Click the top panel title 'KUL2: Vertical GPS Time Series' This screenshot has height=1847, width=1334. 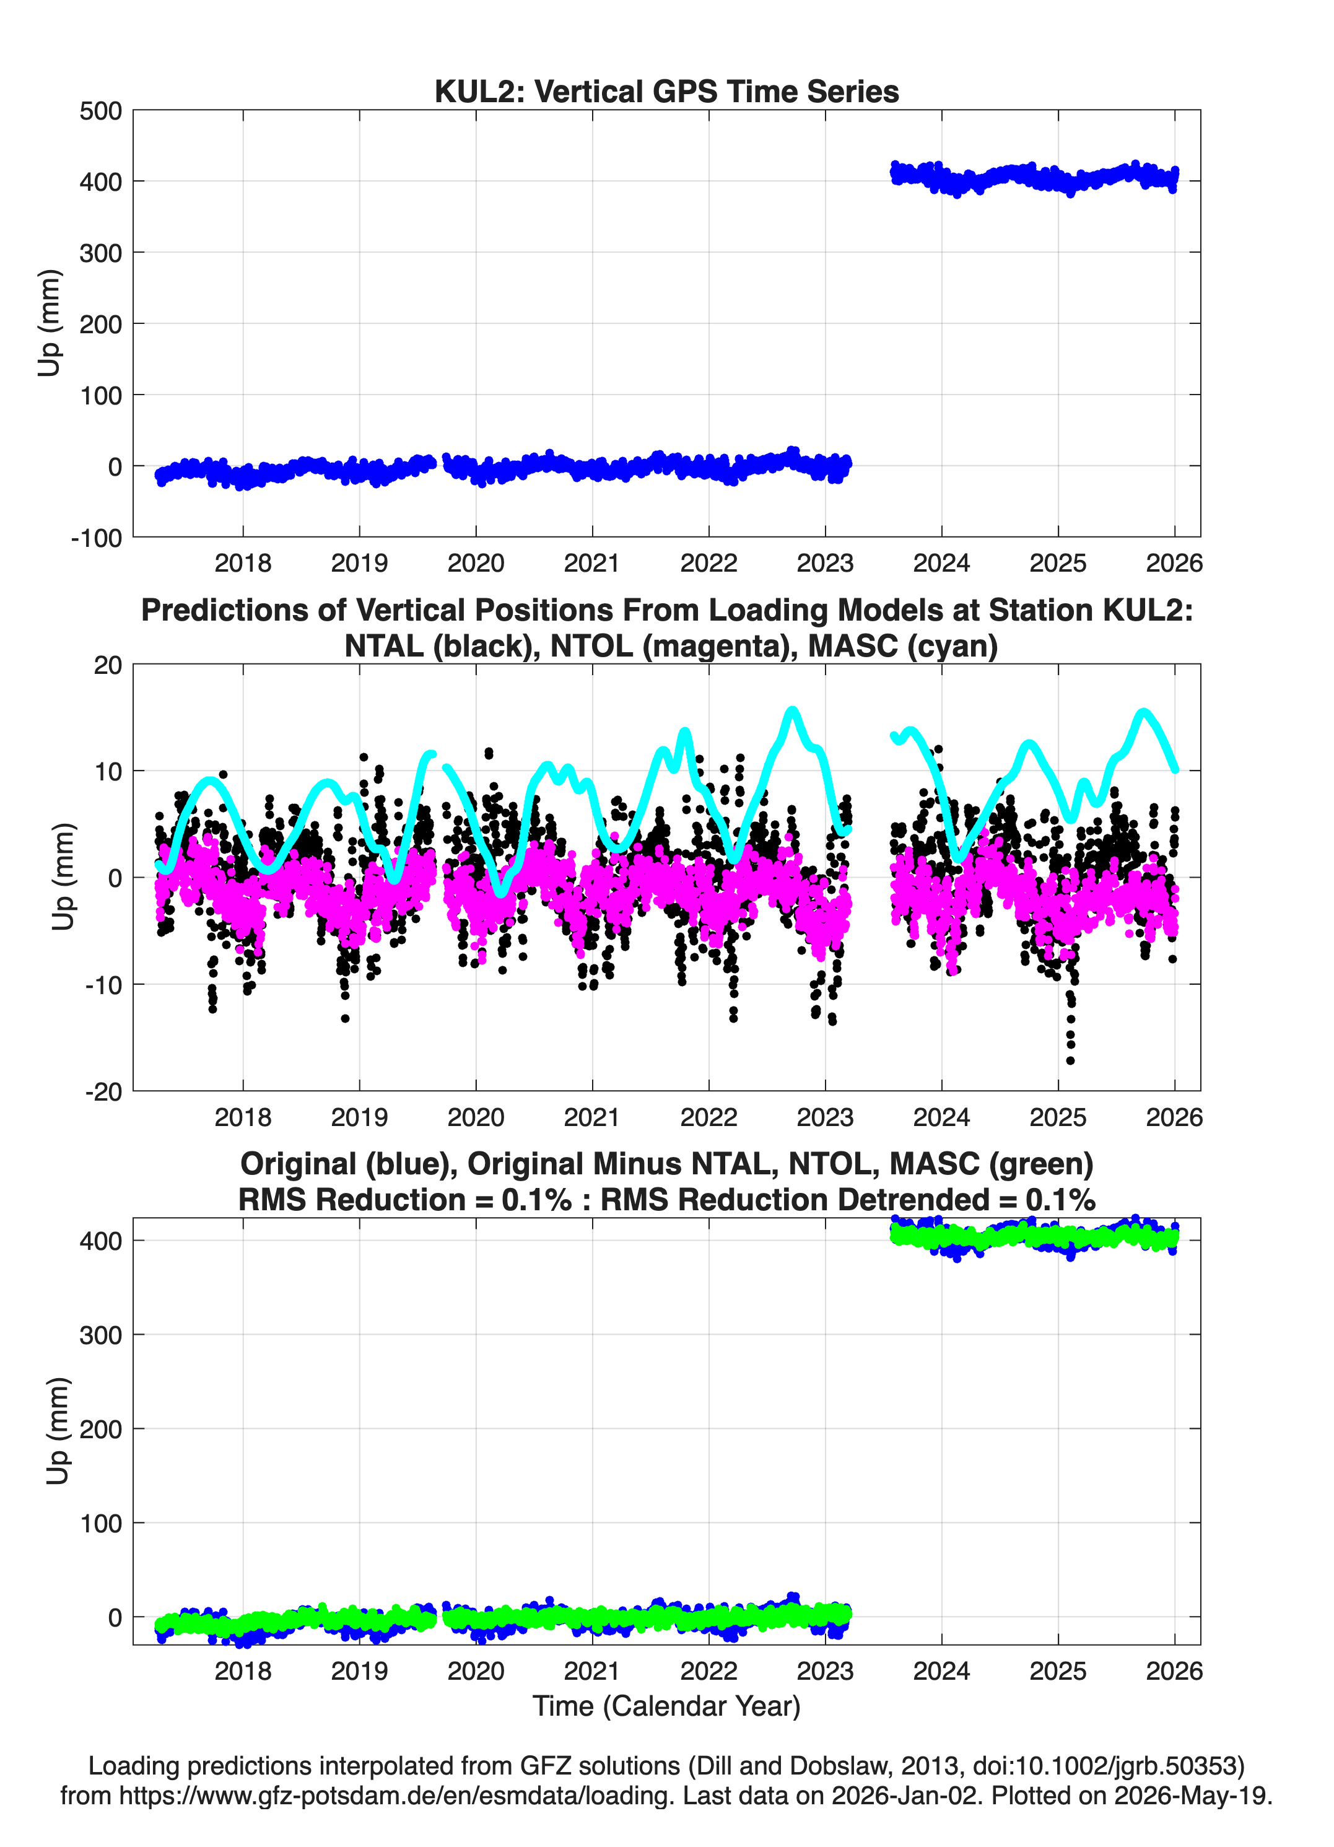pyautogui.click(x=666, y=91)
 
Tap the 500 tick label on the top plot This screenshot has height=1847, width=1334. pyautogui.click(x=100, y=111)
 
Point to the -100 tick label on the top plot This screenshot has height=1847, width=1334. pyautogui.click(x=96, y=538)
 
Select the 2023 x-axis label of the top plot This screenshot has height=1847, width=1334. pyautogui.click(x=825, y=563)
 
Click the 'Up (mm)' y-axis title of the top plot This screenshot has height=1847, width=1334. pyautogui.click(x=49, y=323)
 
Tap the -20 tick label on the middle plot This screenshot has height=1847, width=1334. pyautogui.click(x=103, y=1092)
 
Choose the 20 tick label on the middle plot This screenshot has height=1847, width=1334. pyautogui.click(x=108, y=665)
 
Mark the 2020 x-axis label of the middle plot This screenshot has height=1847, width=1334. pyautogui.click(x=476, y=1117)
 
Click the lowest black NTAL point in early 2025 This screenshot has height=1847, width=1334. pyautogui.click(x=1070, y=1060)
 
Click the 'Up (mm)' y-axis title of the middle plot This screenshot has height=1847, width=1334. pyautogui.click(x=63, y=877)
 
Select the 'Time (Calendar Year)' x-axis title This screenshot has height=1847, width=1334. pyautogui.click(x=666, y=1705)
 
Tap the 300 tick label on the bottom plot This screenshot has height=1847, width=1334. pyautogui.click(x=100, y=1335)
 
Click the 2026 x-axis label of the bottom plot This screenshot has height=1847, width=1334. pyautogui.click(x=1174, y=1671)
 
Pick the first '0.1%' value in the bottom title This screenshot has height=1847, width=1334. pyautogui.click(x=536, y=1200)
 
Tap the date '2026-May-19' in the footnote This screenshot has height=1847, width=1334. pyautogui.click(x=1189, y=1795)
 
